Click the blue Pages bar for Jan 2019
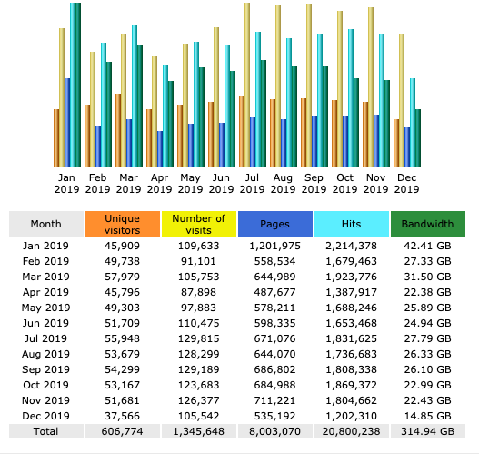click(67, 123)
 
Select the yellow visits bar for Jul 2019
click(247, 85)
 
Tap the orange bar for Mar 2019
click(118, 130)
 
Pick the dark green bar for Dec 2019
click(418, 138)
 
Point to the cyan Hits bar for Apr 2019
click(165, 116)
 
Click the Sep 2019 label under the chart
click(314, 183)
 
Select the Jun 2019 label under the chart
click(221, 183)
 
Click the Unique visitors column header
click(123, 224)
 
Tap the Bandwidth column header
click(428, 224)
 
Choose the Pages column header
click(275, 224)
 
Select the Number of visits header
click(199, 224)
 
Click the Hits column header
click(352, 224)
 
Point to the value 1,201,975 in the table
click(274, 246)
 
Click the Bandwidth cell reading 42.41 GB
click(428, 246)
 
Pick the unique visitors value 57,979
click(122, 277)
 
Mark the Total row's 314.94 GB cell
click(428, 431)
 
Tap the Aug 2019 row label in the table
click(45, 354)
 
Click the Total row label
click(45, 431)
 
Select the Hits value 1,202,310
click(352, 416)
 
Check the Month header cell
click(46, 224)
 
